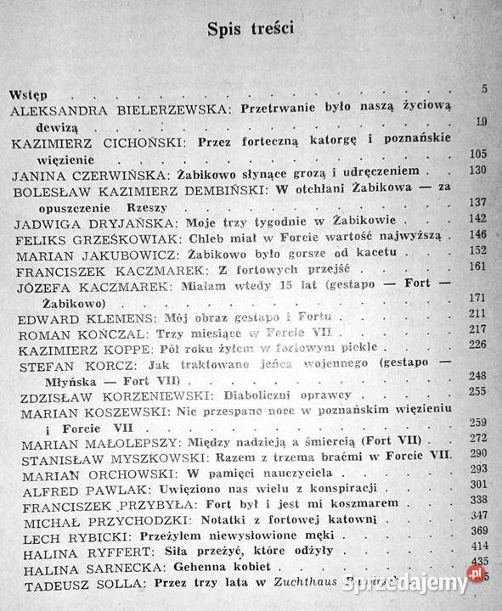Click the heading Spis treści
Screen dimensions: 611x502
pyautogui.click(x=251, y=31)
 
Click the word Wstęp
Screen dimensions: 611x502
pyautogui.click(x=28, y=92)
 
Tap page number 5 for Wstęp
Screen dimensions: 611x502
pyautogui.click(x=483, y=90)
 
